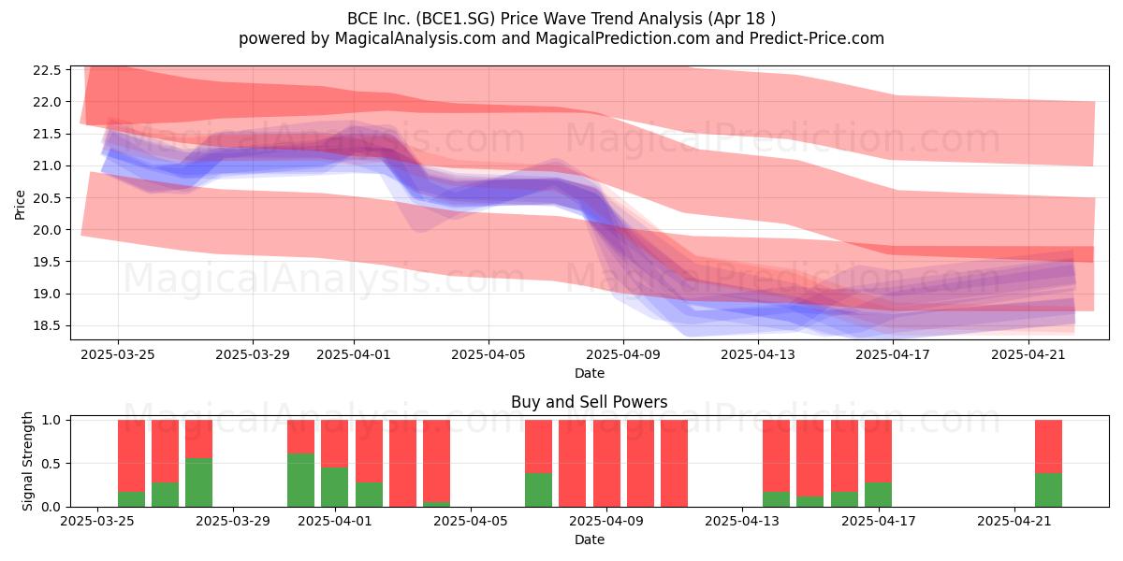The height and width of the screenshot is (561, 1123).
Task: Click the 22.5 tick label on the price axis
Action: (47, 70)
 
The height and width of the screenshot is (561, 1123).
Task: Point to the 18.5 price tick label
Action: (47, 326)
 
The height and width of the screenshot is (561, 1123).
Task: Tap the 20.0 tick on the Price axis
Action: (47, 230)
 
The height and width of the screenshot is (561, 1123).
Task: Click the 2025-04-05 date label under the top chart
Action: (489, 354)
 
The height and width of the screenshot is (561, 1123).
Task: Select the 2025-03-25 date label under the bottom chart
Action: (97, 522)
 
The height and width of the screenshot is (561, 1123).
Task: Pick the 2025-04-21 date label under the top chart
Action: (1028, 354)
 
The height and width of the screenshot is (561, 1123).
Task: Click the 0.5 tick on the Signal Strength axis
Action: (51, 464)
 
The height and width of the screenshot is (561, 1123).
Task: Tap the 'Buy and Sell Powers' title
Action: (589, 402)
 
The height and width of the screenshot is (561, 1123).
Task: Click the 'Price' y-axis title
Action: (20, 205)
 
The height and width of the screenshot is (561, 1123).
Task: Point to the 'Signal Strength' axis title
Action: (27, 461)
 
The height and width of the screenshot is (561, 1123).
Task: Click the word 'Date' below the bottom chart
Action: (589, 539)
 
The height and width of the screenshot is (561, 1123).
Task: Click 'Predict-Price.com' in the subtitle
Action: (817, 38)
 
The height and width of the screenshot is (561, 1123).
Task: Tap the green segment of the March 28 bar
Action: (198, 482)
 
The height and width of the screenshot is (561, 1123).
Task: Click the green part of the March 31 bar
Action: (300, 480)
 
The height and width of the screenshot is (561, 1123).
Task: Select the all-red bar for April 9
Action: (606, 464)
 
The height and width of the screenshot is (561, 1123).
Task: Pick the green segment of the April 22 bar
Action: (1048, 490)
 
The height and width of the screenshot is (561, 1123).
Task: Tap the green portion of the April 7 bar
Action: (538, 490)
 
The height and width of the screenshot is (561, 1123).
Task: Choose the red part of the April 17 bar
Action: (879, 452)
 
